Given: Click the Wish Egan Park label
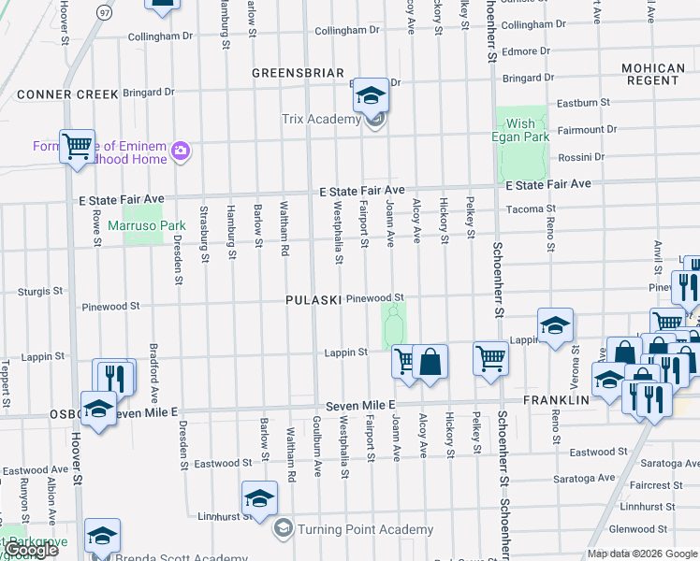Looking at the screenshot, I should pyautogui.click(x=521, y=130).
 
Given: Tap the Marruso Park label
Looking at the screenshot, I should pyautogui.click(x=147, y=225).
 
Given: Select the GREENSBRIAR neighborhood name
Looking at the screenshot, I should pyautogui.click(x=298, y=72).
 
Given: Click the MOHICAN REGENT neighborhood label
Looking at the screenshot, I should pyautogui.click(x=653, y=75).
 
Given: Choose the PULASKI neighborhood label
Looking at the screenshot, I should pyautogui.click(x=313, y=299).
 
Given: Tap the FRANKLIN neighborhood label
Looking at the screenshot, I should pyautogui.click(x=555, y=399).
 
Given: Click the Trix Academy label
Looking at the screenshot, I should pyautogui.click(x=321, y=119).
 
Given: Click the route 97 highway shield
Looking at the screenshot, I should pyautogui.click(x=105, y=12).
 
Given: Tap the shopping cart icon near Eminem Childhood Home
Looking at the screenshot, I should pyautogui.click(x=77, y=146).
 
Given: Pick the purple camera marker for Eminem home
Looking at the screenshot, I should pyautogui.click(x=181, y=151).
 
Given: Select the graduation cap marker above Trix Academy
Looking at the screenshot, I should pyautogui.click(x=371, y=94).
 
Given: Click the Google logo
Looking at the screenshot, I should pyautogui.click(x=32, y=551).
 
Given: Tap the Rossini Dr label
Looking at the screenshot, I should pyautogui.click(x=581, y=157).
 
